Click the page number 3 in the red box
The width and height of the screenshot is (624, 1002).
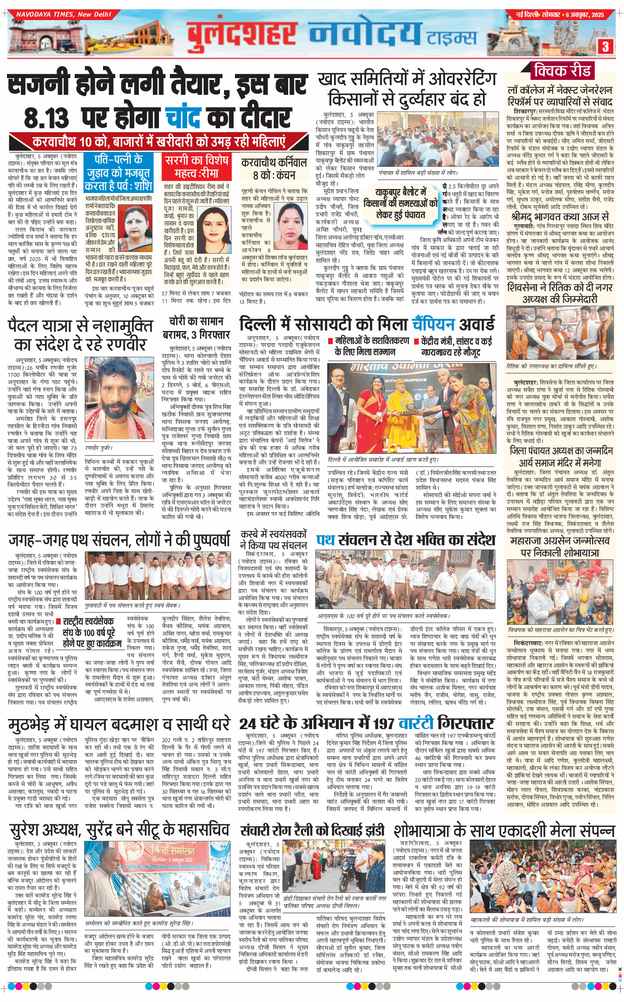tap(605, 47)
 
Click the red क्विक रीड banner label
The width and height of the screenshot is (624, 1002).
tap(562, 70)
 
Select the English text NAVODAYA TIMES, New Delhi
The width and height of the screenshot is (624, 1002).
tap(64, 14)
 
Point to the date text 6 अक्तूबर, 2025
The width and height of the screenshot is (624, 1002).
tap(585, 14)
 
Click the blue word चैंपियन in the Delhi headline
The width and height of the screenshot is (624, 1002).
tap(433, 324)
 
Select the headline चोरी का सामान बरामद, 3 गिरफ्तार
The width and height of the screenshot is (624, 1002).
tap(196, 328)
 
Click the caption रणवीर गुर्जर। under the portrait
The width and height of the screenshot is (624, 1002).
tap(99, 448)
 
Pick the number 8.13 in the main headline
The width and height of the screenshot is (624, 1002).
tap(46, 118)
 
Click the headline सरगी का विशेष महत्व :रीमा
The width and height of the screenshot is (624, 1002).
tap(197, 167)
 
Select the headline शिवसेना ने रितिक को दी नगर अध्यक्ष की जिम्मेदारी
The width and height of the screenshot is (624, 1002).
tap(560, 293)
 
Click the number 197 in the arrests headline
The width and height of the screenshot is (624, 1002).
tap(384, 723)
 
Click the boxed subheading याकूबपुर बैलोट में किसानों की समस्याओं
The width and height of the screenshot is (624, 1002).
tap(400, 203)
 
